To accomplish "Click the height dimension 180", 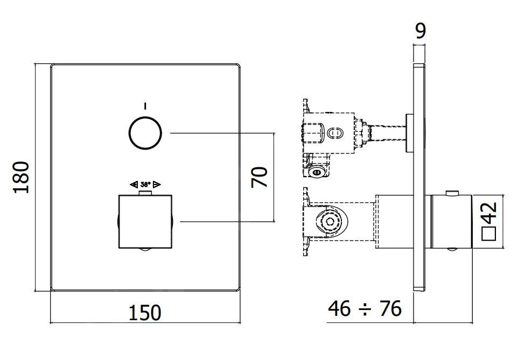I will (x=21, y=177).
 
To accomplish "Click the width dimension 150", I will (x=145, y=312).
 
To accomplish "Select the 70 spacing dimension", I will (x=260, y=177).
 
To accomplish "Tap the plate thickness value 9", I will (x=421, y=30).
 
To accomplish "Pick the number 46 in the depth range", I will (x=340, y=309).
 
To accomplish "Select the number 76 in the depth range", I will (x=390, y=309).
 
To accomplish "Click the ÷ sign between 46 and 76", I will (x=365, y=309).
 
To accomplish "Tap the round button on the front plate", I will (x=145, y=132).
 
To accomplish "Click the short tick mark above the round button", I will (x=145, y=104).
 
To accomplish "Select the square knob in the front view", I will (x=145, y=221).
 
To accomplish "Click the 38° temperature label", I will (x=145, y=184).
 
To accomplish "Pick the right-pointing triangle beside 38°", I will (x=157, y=184).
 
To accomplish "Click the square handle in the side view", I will (x=450, y=221).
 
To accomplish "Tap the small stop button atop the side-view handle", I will (x=453, y=192).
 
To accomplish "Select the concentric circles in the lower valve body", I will (x=328, y=221).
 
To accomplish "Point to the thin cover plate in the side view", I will (x=419, y=178).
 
